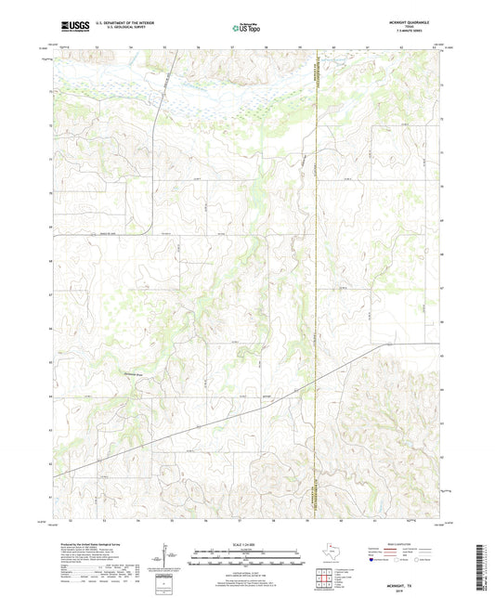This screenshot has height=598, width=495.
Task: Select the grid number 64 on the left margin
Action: (48, 396)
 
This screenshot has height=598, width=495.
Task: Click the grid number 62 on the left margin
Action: (48, 464)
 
